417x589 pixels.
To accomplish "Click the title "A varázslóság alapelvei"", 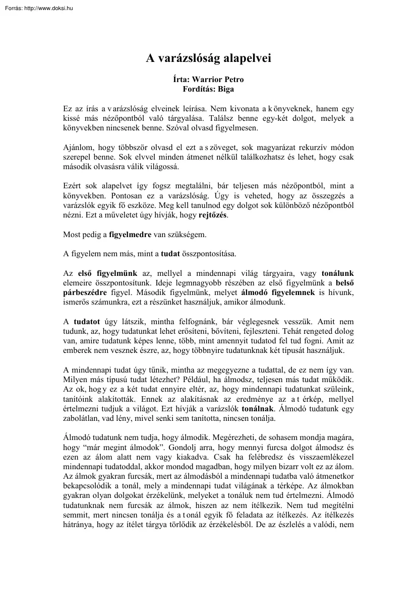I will coord(208,58).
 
